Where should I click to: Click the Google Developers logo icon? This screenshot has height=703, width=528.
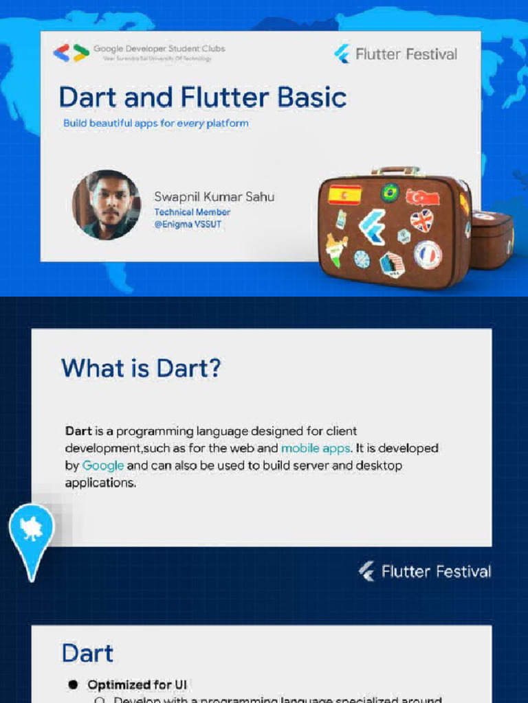pyautogui.click(x=71, y=53)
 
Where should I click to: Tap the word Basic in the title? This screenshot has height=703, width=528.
pyautogui.click(x=312, y=97)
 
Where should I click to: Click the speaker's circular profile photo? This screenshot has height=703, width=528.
pyautogui.click(x=106, y=205)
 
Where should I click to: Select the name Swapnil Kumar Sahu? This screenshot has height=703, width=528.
pyautogui.click(x=214, y=197)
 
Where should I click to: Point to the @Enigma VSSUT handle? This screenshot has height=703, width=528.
pyautogui.click(x=188, y=224)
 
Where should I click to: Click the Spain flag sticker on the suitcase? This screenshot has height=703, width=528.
pyautogui.click(x=344, y=195)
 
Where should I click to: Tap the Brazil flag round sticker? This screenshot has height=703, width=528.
pyautogui.click(x=390, y=192)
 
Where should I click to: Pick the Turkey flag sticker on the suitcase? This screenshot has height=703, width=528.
pyautogui.click(x=422, y=197)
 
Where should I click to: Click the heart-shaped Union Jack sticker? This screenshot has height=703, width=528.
pyautogui.click(x=421, y=220)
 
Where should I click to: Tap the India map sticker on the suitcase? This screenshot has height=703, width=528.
pyautogui.click(x=337, y=249)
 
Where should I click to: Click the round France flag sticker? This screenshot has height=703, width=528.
pyautogui.click(x=427, y=254)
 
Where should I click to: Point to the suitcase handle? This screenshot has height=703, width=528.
pyautogui.click(x=395, y=170)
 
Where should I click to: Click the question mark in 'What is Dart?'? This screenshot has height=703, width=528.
pyautogui.click(x=214, y=369)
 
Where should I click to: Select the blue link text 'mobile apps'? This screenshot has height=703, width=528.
pyautogui.click(x=316, y=448)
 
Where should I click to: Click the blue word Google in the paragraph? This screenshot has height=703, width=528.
pyautogui.click(x=103, y=465)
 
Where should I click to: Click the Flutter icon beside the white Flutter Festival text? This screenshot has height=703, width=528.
pyautogui.click(x=367, y=571)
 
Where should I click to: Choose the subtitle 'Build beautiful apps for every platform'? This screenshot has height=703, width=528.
pyautogui.click(x=155, y=124)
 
